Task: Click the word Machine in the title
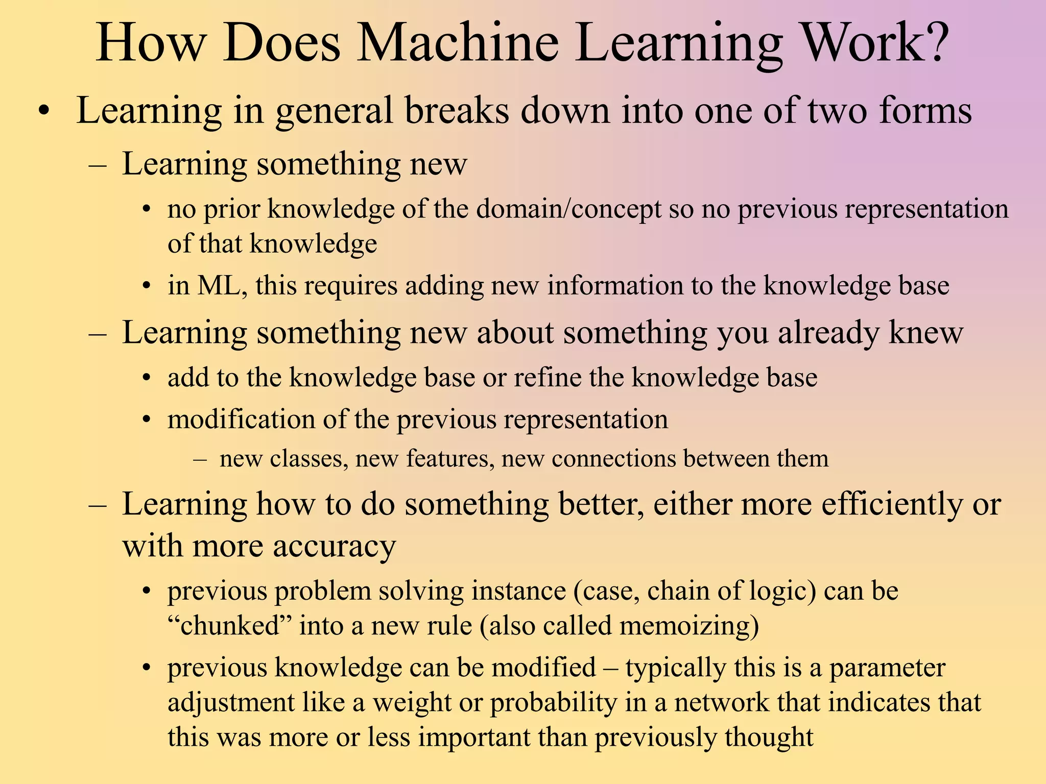458,43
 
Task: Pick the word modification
241,420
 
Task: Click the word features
450,458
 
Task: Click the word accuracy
334,546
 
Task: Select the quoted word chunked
229,626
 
